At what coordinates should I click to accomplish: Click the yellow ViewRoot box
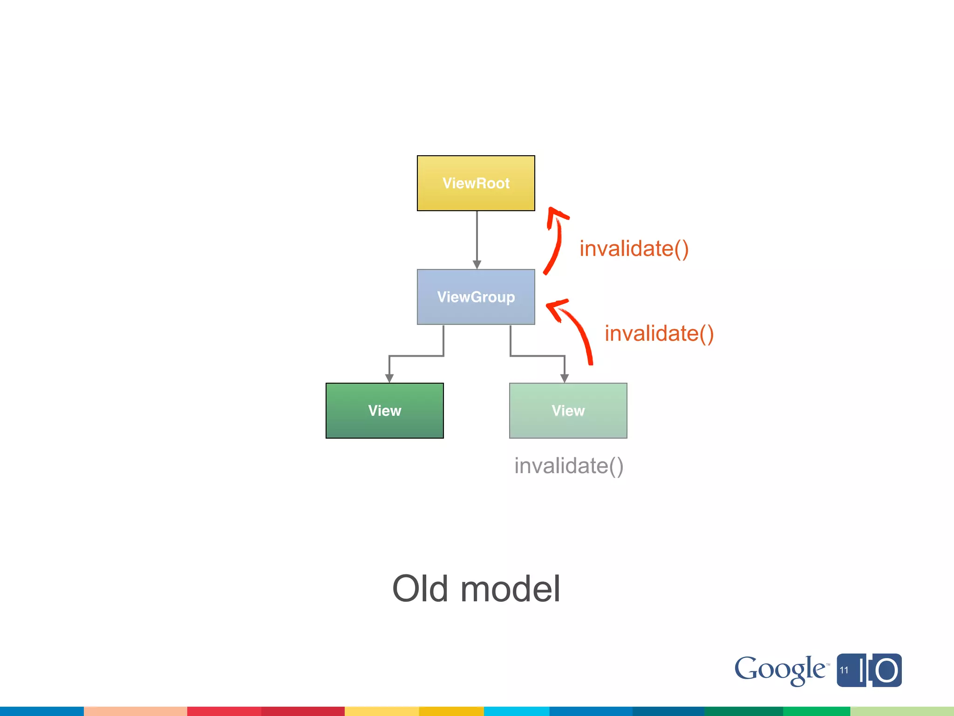(476, 183)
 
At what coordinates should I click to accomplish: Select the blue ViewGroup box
(476, 297)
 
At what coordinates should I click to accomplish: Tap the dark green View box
(384, 411)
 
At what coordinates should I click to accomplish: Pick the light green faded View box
(568, 411)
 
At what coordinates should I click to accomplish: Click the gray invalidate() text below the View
(568, 466)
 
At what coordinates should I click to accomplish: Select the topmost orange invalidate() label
(634, 248)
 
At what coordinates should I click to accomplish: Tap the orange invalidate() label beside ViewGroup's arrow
(659, 334)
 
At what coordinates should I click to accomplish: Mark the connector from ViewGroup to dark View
(416, 356)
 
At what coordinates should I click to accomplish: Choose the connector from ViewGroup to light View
(538, 356)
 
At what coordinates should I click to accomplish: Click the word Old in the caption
(420, 589)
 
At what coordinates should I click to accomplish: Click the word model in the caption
(510, 589)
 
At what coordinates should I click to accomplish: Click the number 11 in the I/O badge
(844, 670)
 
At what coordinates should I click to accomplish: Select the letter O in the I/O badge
(886, 671)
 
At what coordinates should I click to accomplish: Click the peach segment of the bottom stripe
(135, 711)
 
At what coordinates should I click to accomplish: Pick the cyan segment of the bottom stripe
(516, 711)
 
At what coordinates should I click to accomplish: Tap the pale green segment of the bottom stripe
(902, 711)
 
